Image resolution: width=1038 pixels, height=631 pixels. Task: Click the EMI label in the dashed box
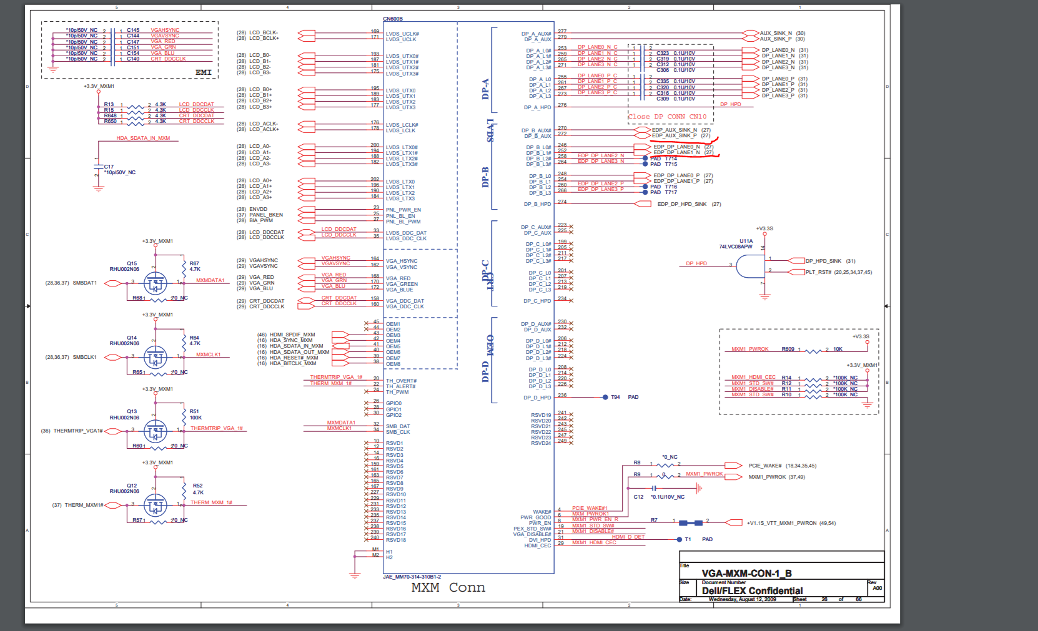point(203,72)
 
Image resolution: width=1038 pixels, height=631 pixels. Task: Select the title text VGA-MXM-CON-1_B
point(746,573)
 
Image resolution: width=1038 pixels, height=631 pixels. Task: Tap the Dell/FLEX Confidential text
point(752,590)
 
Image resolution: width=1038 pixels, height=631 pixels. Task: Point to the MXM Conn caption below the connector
point(448,587)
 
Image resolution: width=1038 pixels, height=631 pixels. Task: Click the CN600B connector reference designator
point(393,19)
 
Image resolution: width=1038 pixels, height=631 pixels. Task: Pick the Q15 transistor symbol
point(156,284)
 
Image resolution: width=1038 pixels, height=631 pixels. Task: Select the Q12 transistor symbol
point(156,506)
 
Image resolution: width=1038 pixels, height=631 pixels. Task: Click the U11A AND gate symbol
point(750,267)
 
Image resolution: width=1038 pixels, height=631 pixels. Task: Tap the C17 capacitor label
point(109,167)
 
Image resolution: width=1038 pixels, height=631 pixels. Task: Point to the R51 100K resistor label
point(195,414)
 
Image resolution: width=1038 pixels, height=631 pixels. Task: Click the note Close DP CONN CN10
point(667,117)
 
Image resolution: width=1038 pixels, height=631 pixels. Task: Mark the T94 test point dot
point(605,397)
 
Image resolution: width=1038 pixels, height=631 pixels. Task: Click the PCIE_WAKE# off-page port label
point(764,466)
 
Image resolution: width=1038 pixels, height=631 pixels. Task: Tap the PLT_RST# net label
point(818,272)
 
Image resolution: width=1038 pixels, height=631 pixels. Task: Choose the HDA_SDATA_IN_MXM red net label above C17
point(143,138)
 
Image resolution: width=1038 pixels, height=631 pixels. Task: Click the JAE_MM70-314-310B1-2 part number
point(412,577)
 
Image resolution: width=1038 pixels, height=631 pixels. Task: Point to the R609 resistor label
point(788,349)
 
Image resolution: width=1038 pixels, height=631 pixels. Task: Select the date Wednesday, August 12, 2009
point(742,599)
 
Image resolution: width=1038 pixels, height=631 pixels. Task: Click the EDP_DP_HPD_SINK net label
point(682,204)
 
